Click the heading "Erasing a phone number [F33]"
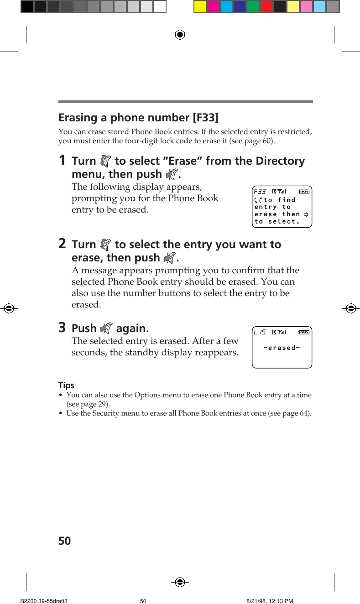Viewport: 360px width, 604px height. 138,118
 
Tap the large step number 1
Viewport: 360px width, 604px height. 62,161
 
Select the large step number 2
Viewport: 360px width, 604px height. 62,244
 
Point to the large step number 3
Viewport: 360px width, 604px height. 62,328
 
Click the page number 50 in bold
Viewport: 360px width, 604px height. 65,541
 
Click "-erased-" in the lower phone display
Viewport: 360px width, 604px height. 282,348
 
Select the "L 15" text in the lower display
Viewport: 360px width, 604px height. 260,332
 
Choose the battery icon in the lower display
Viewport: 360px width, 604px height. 304,332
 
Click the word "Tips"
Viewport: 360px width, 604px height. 66,385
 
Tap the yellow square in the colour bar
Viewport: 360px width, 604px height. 200,6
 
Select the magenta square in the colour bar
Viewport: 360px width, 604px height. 213,6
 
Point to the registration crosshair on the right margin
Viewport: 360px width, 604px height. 350,308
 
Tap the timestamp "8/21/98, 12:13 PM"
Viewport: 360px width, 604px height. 270,601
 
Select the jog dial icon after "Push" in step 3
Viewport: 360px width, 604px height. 106,328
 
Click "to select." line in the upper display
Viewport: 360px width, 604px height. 277,222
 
